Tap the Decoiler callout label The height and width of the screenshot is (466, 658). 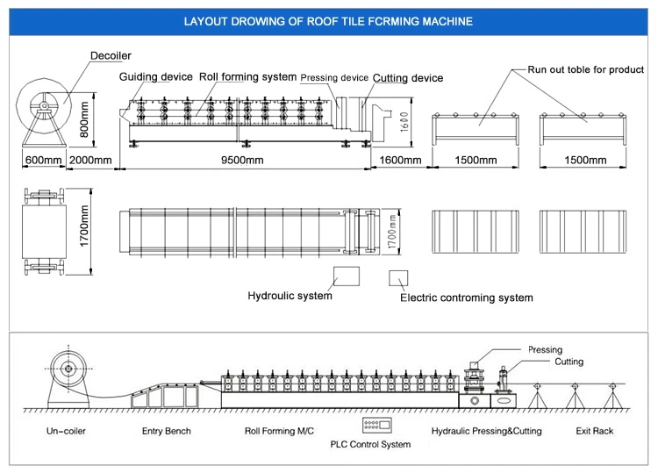tap(111, 57)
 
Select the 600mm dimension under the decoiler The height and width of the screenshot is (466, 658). tap(43, 161)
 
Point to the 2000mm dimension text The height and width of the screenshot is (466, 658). tap(90, 161)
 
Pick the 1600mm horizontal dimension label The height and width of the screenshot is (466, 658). tap(400, 161)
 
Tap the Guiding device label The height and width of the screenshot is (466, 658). tap(156, 77)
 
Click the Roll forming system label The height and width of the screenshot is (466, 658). tap(247, 77)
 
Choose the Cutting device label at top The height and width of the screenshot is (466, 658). tap(407, 78)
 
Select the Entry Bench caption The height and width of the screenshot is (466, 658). tap(166, 431)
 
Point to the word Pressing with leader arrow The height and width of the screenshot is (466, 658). tap(545, 350)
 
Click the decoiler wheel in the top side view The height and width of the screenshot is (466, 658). tap(42, 105)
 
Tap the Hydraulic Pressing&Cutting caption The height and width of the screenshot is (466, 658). tap(486, 431)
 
